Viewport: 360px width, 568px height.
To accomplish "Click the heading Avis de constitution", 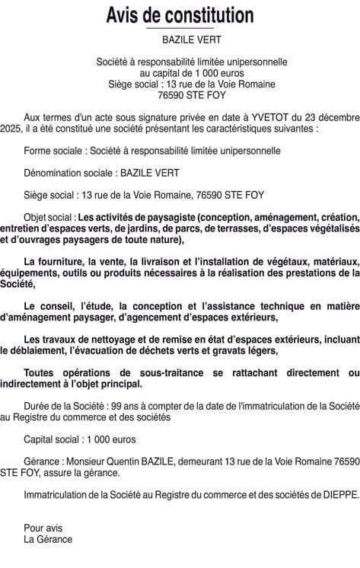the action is click(x=180, y=14).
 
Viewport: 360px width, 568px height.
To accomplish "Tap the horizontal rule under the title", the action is click(x=180, y=27).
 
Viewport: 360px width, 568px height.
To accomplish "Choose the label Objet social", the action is click(x=49, y=216).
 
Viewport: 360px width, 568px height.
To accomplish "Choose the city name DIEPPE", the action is click(x=337, y=495).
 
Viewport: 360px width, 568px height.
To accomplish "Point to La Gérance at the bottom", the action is click(x=48, y=539).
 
